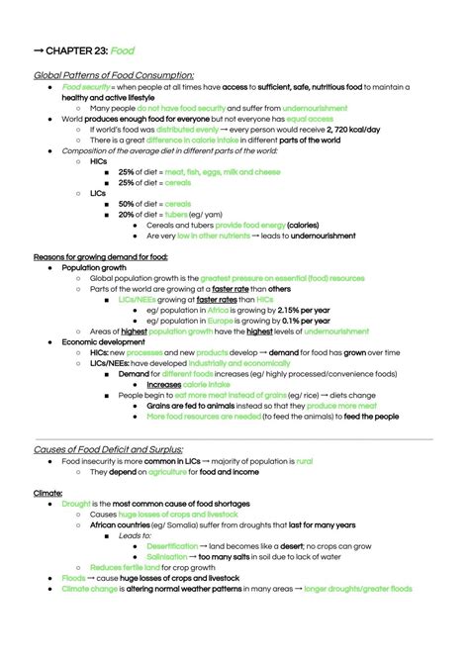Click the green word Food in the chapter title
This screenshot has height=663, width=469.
pos(123,49)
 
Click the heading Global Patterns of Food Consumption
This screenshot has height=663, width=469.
pos(114,75)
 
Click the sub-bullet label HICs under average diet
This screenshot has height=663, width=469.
pos(98,160)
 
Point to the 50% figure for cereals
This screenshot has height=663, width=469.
pos(126,203)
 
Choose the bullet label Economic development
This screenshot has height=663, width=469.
pos(103,341)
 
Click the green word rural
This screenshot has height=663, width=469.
pos(304,461)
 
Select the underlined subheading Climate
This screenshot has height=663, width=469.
pos(48,492)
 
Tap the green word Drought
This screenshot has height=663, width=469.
pos(76,504)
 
